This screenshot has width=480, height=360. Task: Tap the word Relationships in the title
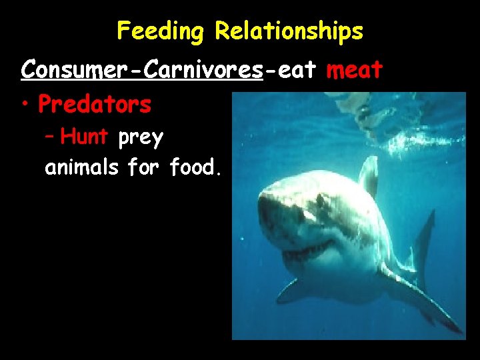pyautogui.click(x=289, y=31)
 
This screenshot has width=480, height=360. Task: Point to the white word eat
pyautogui.click(x=297, y=69)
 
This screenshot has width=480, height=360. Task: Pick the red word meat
pyautogui.click(x=354, y=69)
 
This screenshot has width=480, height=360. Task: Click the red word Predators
pyautogui.click(x=95, y=104)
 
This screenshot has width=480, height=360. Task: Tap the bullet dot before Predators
pyautogui.click(x=25, y=105)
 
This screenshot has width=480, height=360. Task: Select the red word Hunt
pyautogui.click(x=84, y=137)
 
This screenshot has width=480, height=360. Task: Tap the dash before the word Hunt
pyautogui.click(x=50, y=137)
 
